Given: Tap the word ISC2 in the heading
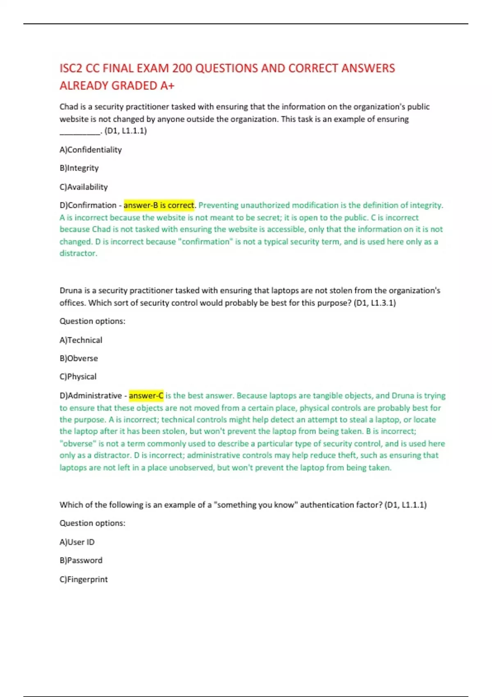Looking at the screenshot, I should [x=71, y=68].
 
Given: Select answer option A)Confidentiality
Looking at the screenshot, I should [x=91, y=150].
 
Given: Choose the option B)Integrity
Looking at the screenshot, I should [x=79, y=168].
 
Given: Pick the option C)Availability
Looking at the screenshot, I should [x=84, y=187].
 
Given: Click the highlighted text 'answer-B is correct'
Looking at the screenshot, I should [x=159, y=205].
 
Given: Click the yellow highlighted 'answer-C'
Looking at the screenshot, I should [x=146, y=396].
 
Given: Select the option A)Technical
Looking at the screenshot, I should [x=81, y=340].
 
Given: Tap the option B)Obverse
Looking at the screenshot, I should [x=79, y=358].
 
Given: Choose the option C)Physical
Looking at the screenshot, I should [x=78, y=376].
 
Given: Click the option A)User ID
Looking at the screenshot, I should [x=77, y=542].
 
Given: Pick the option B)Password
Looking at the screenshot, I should [x=81, y=560].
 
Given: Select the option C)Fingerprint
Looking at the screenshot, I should [x=84, y=579].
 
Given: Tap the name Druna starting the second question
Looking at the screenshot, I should [x=71, y=291].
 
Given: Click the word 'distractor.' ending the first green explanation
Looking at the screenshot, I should [x=78, y=253].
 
